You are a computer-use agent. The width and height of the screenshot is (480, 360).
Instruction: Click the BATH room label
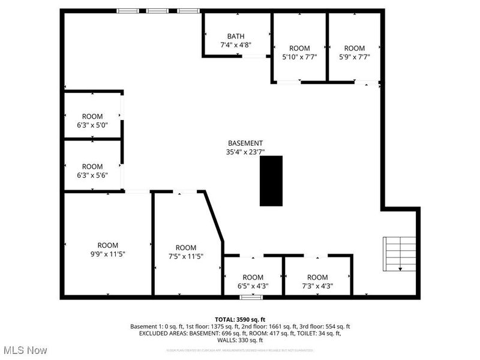click(235, 36)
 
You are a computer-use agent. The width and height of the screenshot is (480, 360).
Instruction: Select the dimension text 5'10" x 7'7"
click(299, 57)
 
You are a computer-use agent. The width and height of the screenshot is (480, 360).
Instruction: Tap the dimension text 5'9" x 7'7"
click(354, 57)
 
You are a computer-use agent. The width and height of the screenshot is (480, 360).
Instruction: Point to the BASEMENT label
click(245, 143)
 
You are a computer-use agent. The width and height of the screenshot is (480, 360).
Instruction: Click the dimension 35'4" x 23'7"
click(245, 152)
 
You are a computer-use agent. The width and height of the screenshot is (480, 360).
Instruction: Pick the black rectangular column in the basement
click(271, 181)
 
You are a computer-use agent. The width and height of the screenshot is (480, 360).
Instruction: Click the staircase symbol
click(400, 254)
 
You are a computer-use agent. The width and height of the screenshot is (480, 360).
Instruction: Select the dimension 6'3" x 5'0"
click(92, 125)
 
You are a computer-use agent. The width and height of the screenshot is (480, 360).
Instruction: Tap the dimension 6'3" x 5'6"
click(92, 175)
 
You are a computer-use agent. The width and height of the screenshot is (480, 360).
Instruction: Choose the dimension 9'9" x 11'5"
click(108, 254)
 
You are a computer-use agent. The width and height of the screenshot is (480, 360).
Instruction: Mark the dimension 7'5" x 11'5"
click(186, 257)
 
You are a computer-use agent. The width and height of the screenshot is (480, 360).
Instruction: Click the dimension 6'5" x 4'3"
click(252, 286)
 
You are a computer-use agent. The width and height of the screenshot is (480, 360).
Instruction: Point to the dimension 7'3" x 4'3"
click(317, 286)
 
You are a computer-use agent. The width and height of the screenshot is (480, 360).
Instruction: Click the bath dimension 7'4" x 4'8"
click(235, 45)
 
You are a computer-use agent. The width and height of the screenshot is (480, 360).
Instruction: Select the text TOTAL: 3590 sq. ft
click(240, 319)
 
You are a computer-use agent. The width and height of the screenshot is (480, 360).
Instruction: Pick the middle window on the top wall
click(157, 10)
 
